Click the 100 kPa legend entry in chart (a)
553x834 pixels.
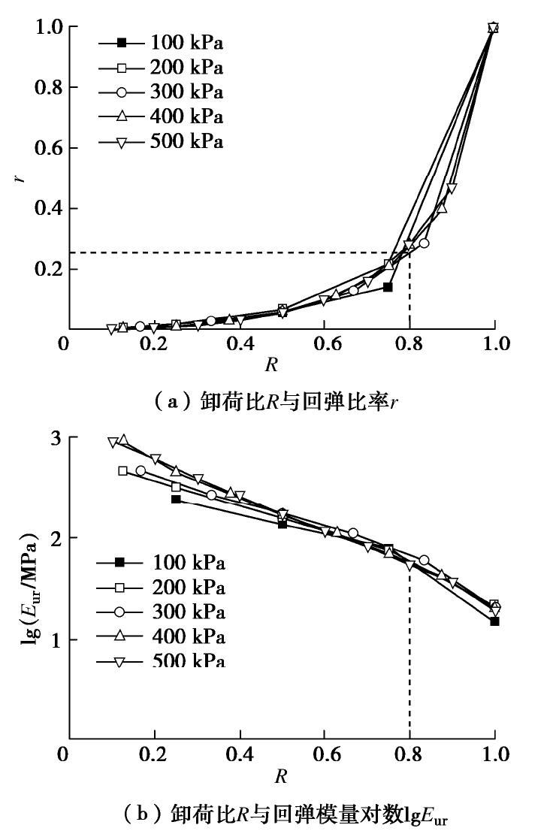[x=161, y=43]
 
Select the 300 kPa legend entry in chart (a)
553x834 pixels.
[x=161, y=92]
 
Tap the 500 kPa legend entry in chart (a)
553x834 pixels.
[x=161, y=141]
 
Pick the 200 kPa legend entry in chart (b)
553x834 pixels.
[x=162, y=587]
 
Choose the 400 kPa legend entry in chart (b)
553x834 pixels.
[x=162, y=636]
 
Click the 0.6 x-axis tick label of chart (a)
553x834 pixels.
[x=324, y=345]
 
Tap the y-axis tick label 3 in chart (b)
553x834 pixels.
[x=53, y=438]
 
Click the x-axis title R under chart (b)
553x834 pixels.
[x=280, y=775]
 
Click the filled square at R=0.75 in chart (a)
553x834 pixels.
[x=388, y=287]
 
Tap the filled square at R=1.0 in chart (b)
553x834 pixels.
[x=494, y=621]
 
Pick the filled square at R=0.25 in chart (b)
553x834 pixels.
[x=176, y=499]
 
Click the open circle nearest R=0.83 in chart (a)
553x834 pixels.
[x=424, y=243]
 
